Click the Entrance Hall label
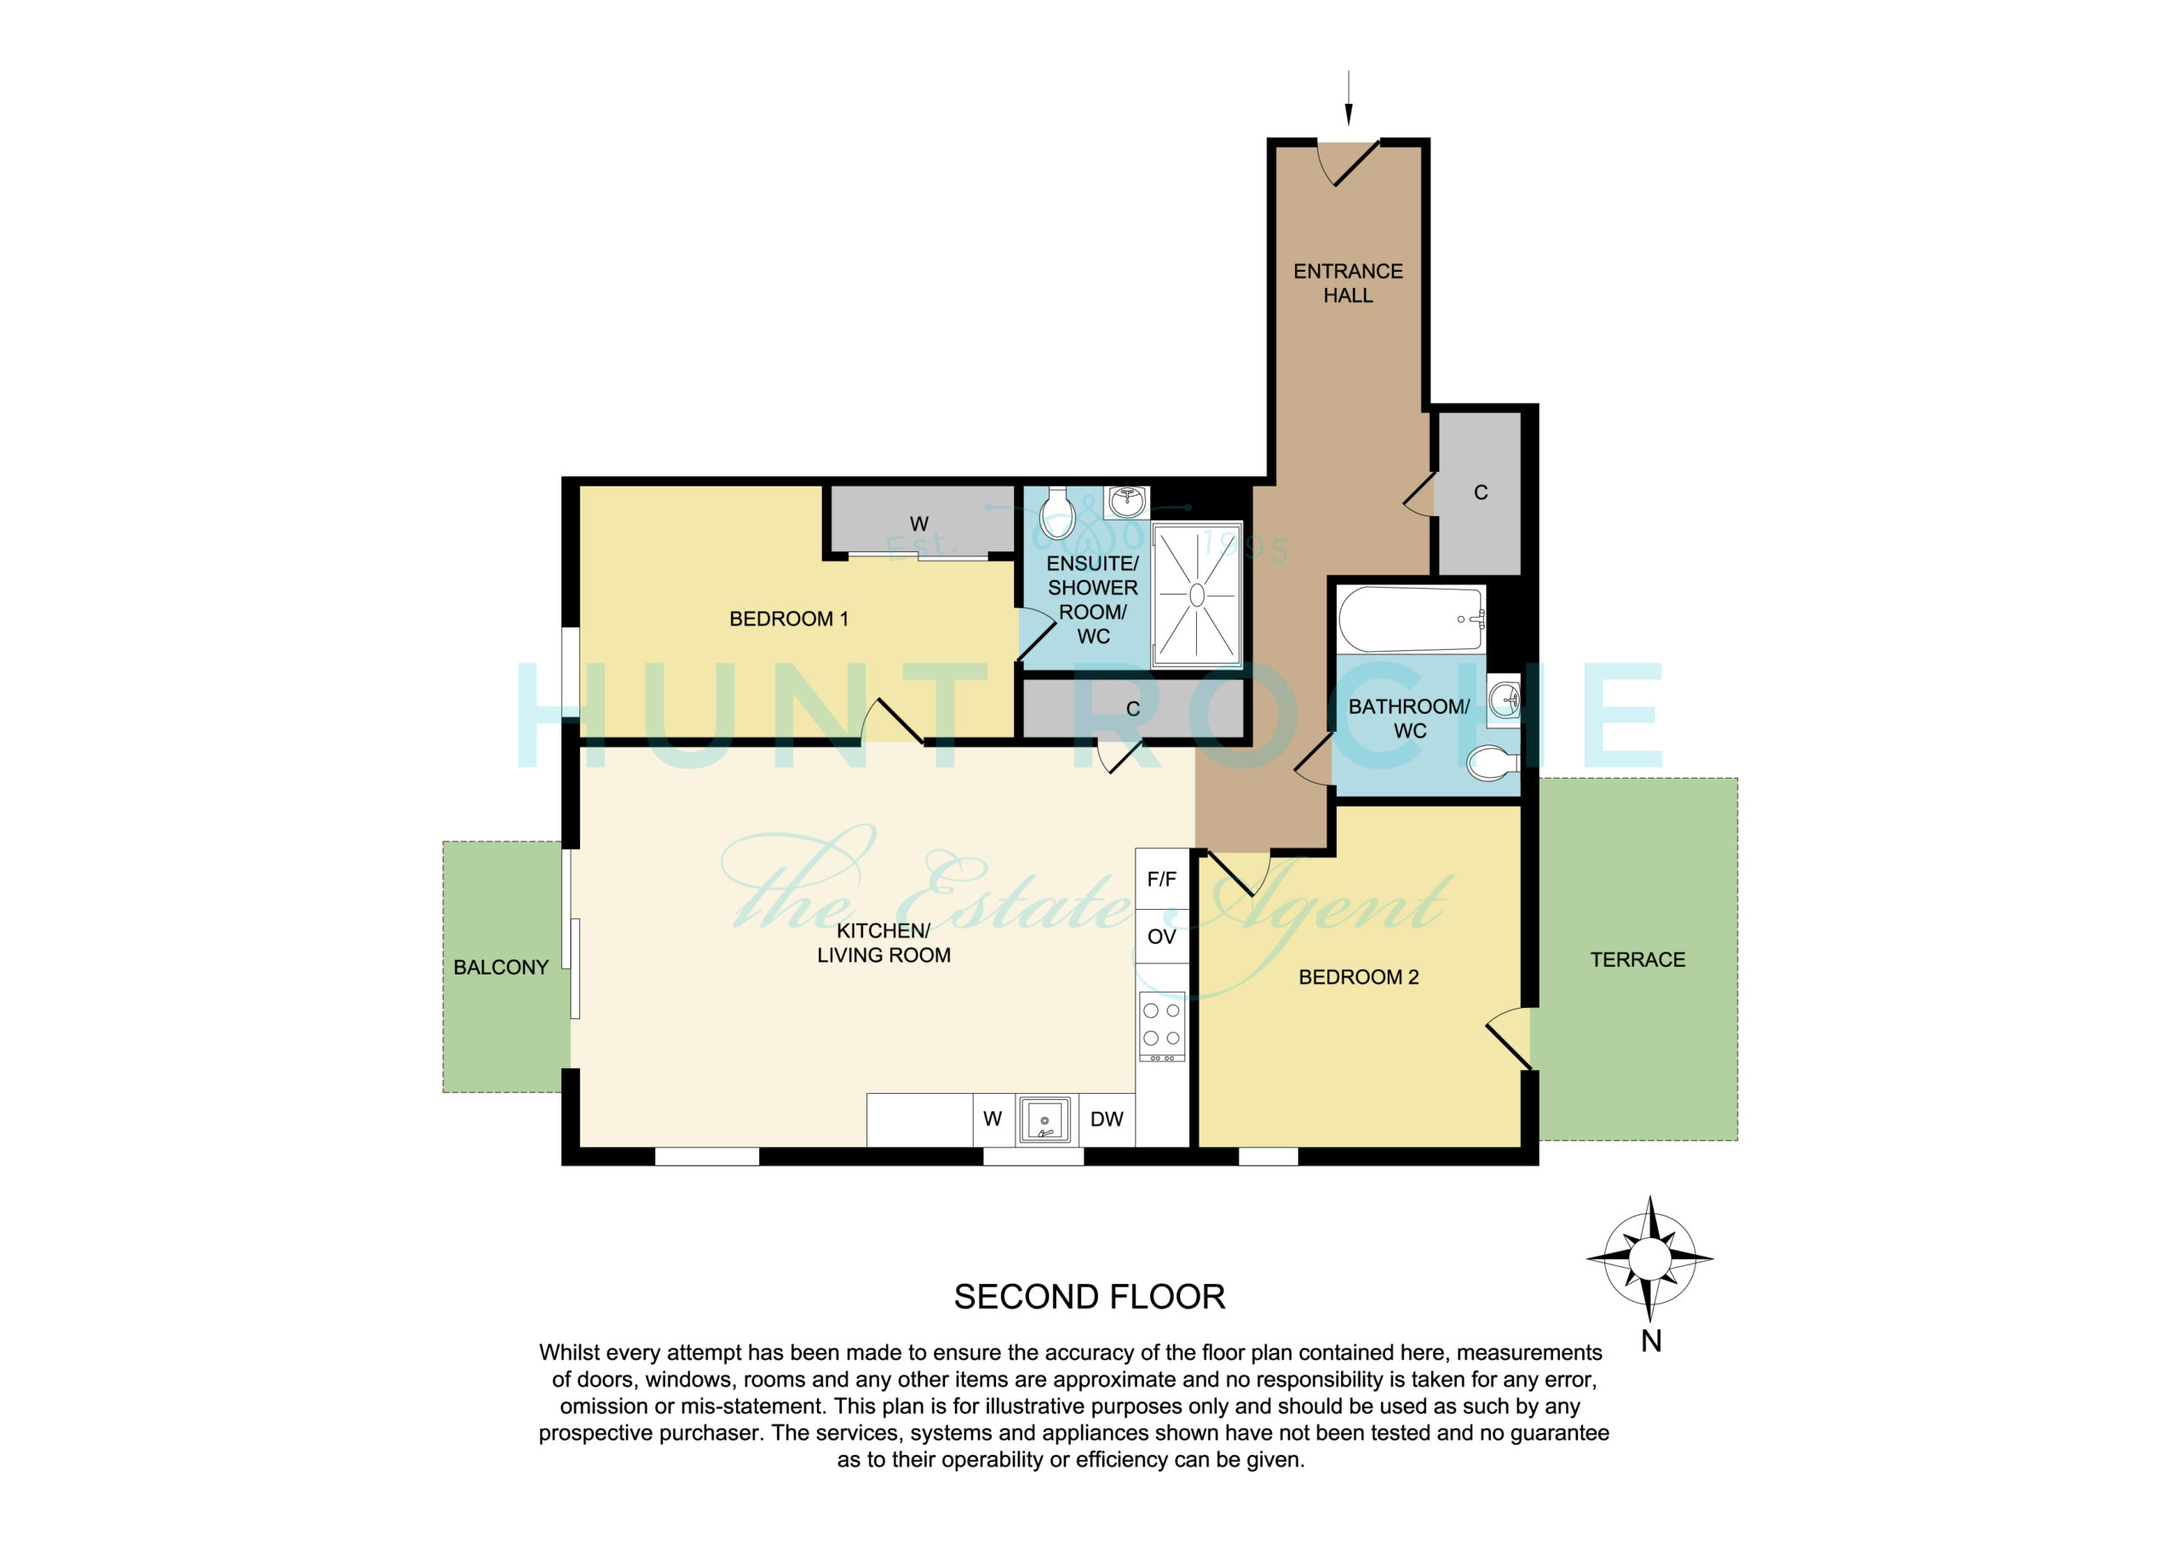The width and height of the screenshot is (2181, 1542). [x=1347, y=283]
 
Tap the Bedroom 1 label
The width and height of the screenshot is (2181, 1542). [x=788, y=619]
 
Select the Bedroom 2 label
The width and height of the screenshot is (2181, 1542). [x=1358, y=976]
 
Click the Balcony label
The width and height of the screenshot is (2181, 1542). [x=501, y=967]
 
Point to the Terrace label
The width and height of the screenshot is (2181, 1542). [x=1637, y=959]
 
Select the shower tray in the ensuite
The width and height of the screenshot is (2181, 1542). [x=1197, y=595]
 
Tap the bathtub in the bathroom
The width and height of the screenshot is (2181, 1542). [x=1411, y=619]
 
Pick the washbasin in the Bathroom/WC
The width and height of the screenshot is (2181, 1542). [x=1504, y=701]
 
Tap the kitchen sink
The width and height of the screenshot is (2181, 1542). [x=1044, y=1119]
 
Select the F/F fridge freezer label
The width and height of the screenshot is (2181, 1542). [x=1162, y=879]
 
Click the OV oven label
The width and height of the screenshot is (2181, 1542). [x=1162, y=937]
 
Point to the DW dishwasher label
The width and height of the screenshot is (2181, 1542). [x=1107, y=1119]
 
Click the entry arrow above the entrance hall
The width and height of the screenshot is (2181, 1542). [x=1348, y=98]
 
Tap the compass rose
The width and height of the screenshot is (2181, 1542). [x=1650, y=1259]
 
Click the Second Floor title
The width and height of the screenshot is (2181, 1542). [x=1090, y=1297]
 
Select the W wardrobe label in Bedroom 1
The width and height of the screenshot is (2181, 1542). [x=918, y=523]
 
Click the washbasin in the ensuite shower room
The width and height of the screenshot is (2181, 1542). [x=1126, y=502]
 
